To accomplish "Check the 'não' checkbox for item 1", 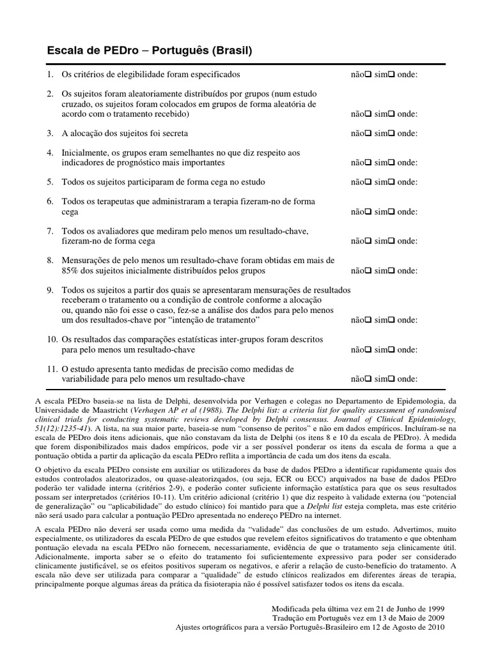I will (368, 75).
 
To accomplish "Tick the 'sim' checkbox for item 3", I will (391, 133).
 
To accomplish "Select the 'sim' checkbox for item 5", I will (391, 182).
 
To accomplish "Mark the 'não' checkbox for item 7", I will (368, 241).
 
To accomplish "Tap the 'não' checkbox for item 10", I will (368, 350).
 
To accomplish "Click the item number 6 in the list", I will (50, 202).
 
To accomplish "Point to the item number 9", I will (50, 290).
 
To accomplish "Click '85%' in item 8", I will (71, 271).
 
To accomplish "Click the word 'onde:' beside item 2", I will (408, 114).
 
